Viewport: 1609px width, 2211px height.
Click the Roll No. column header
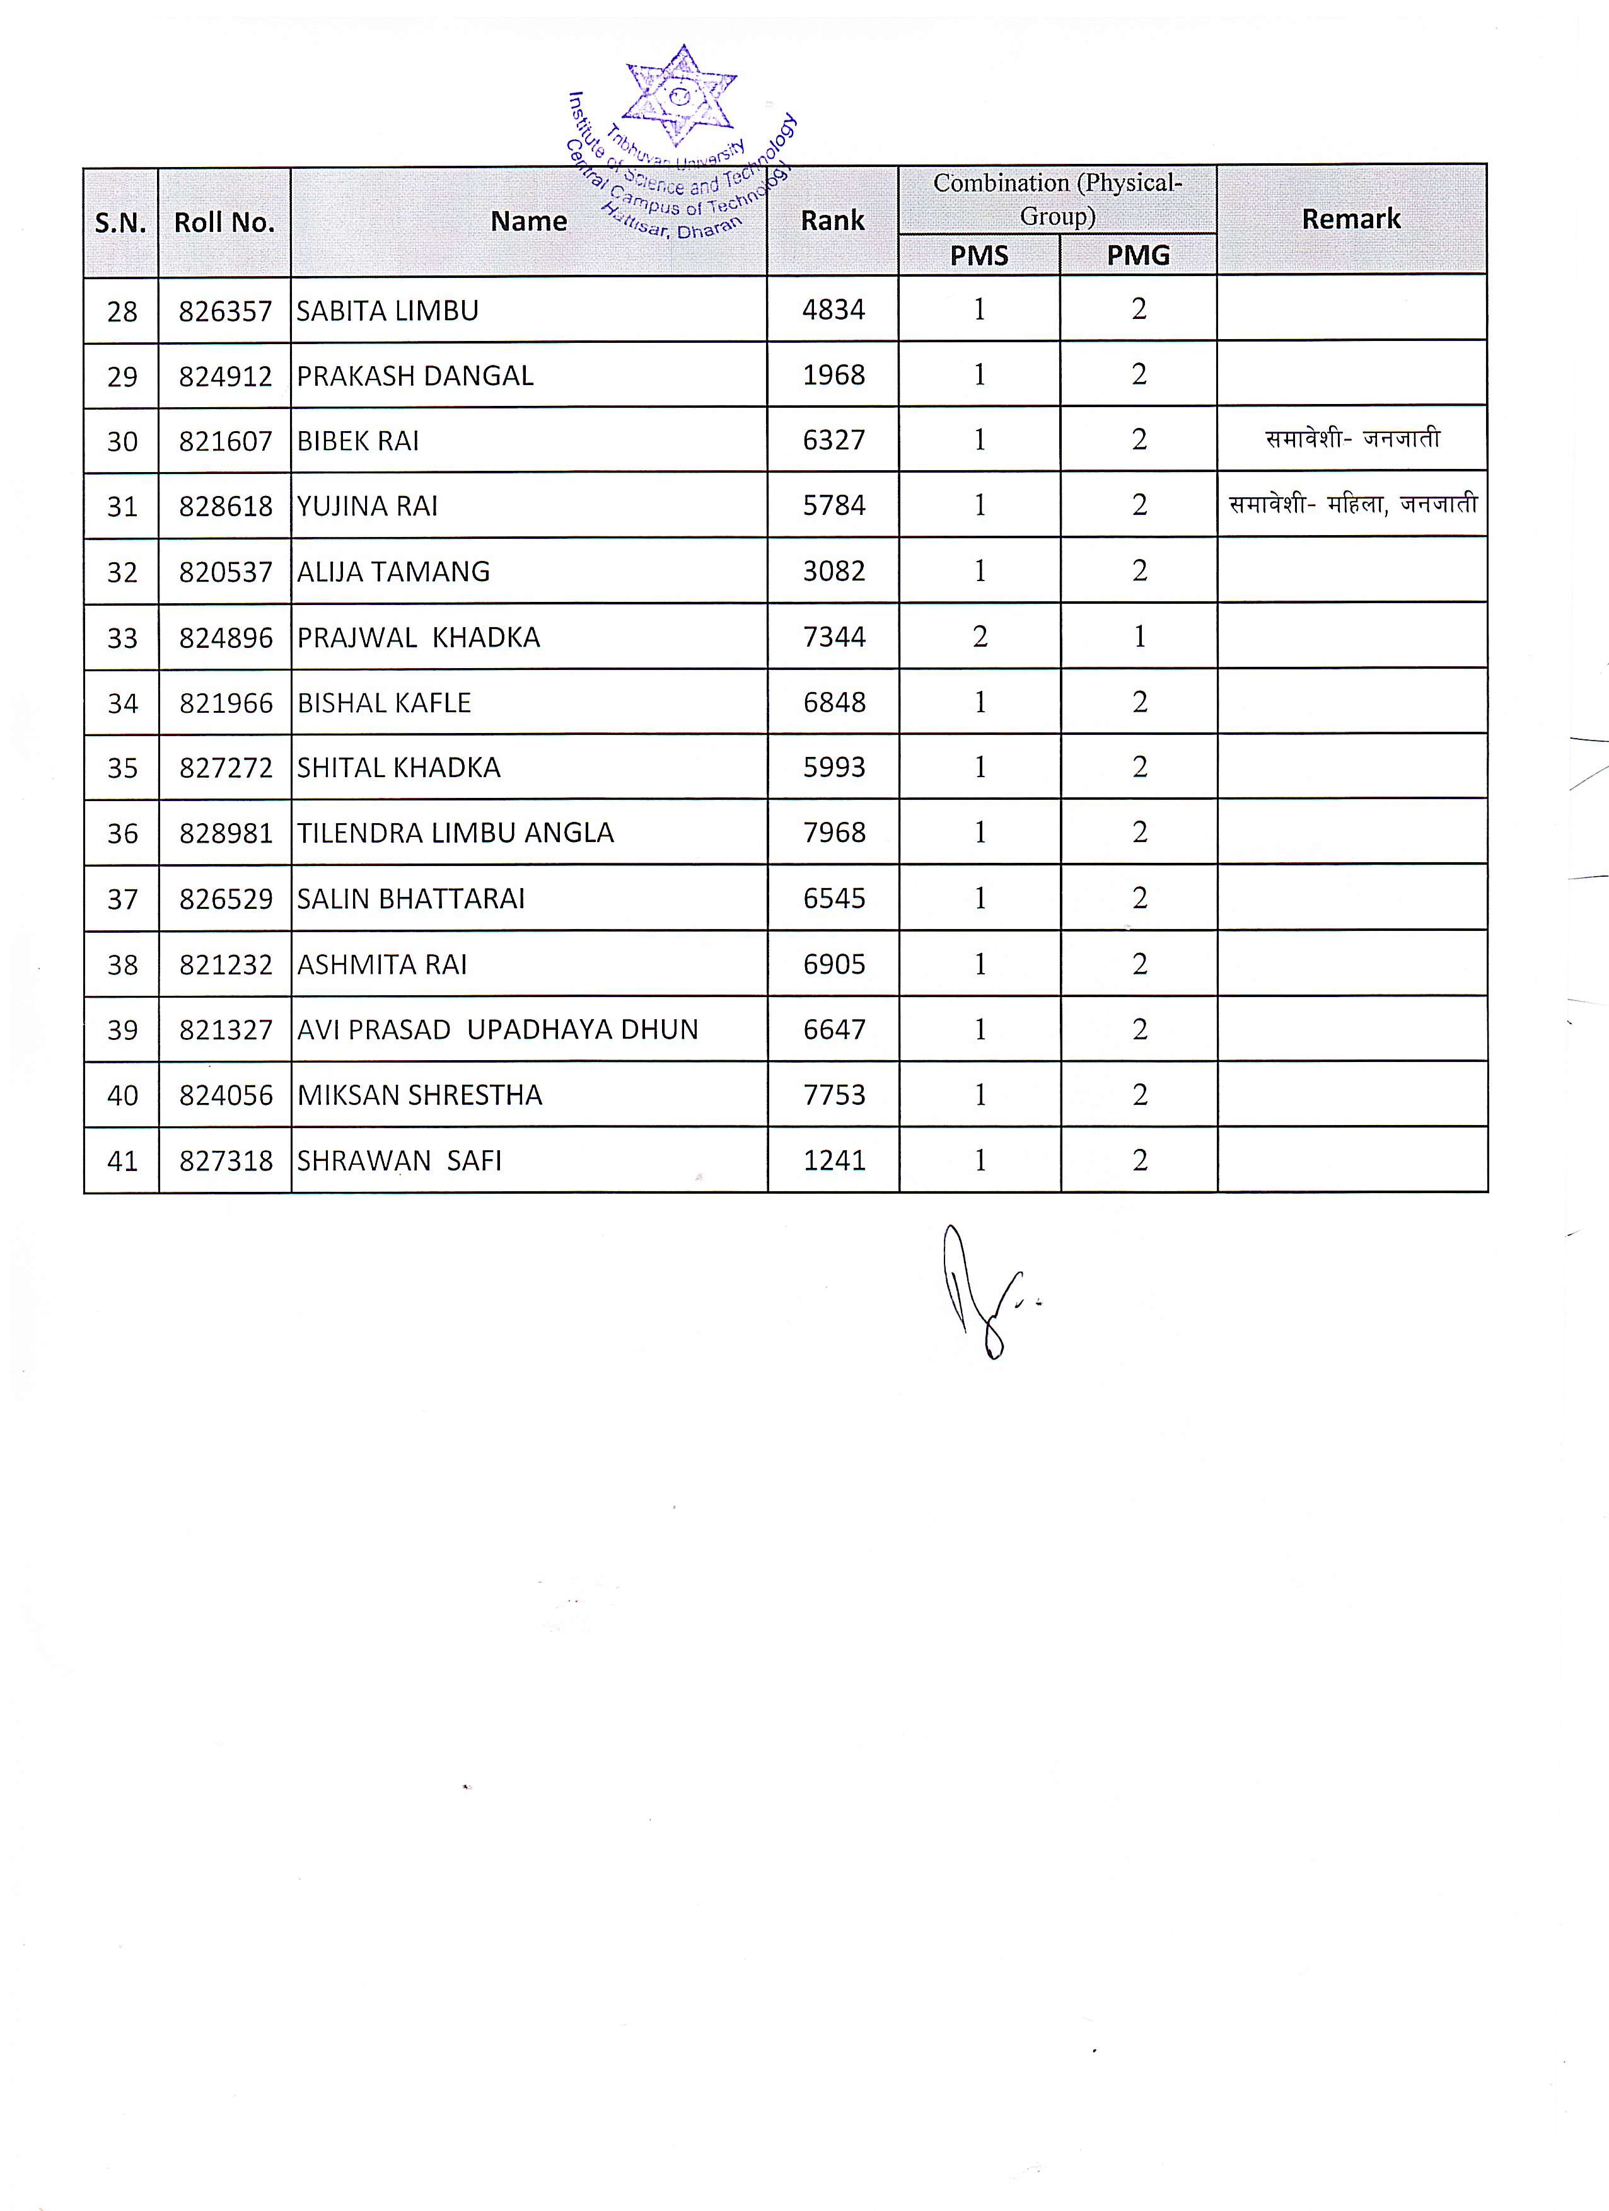(224, 222)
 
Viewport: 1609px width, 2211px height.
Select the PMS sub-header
(979, 255)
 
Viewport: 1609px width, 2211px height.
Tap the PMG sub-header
(1138, 255)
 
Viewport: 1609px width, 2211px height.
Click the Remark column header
(1351, 219)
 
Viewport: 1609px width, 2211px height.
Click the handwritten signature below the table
(980, 1291)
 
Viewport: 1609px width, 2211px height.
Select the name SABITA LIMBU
(387, 311)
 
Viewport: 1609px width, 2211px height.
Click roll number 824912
(225, 376)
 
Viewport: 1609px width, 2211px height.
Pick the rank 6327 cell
(833, 441)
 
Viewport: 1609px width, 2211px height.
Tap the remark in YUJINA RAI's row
(1352, 505)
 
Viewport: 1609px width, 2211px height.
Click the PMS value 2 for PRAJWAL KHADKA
(980, 637)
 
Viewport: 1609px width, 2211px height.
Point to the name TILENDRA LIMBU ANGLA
(455, 833)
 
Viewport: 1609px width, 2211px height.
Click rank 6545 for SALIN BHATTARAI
(833, 898)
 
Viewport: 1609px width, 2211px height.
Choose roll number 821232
(225, 964)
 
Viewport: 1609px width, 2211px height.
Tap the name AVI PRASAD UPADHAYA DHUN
(497, 1029)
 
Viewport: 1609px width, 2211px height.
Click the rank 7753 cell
(833, 1095)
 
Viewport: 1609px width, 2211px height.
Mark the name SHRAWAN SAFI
(399, 1161)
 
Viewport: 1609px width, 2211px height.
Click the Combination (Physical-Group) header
(1057, 199)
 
